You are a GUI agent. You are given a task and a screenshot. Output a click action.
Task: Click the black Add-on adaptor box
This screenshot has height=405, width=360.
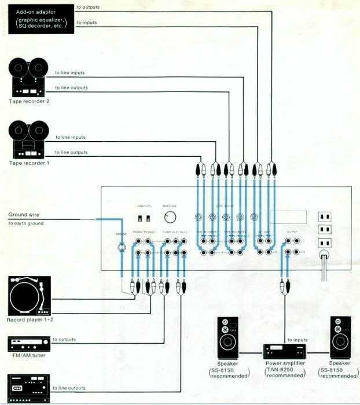click(38, 18)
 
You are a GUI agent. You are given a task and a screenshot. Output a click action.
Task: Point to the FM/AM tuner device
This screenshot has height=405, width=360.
click(27, 343)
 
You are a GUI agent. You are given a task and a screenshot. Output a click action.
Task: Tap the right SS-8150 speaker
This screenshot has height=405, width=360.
click(340, 338)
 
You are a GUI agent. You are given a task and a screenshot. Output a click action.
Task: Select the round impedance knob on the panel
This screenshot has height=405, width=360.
click(170, 218)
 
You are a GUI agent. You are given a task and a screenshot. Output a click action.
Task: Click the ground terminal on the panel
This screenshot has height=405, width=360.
click(122, 249)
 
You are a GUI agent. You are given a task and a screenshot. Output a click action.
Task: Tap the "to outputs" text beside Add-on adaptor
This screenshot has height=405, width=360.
click(87, 8)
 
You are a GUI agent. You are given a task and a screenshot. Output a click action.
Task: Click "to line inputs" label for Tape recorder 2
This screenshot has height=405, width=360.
click(69, 73)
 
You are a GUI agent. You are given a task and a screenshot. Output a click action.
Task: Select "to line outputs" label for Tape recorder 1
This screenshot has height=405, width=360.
click(71, 152)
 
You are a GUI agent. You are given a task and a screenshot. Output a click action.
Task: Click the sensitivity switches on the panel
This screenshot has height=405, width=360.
click(144, 218)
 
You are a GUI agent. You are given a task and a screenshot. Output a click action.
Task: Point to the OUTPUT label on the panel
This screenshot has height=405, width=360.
click(292, 232)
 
